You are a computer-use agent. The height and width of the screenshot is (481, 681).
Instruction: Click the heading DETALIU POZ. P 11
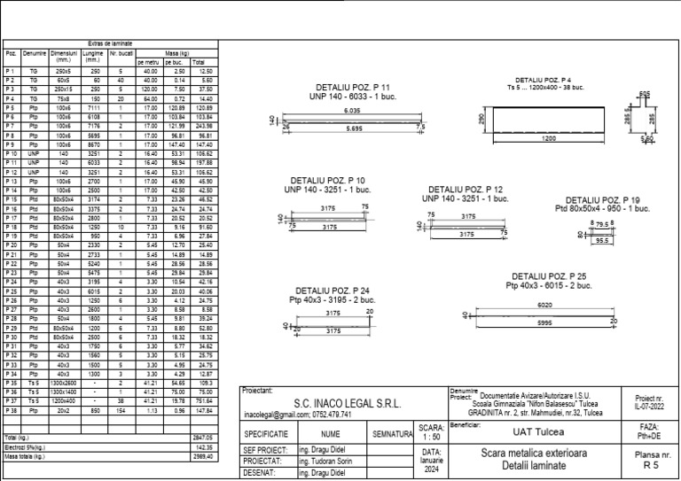351,89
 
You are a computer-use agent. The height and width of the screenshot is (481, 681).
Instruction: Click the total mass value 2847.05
203,438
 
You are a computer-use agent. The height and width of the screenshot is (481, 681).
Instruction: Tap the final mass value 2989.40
203,457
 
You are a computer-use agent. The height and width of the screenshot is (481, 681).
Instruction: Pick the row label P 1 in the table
11,70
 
